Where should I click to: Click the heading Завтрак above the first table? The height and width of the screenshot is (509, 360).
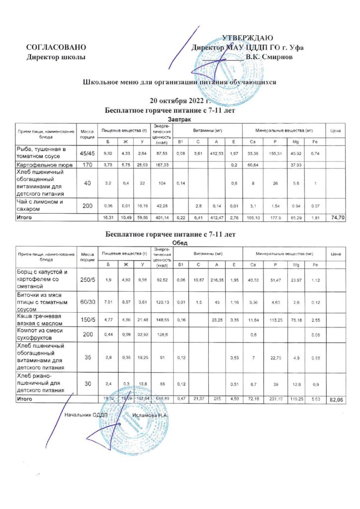180,119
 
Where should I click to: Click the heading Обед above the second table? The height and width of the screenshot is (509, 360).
180,243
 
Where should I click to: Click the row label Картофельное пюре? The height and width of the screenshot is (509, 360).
45,165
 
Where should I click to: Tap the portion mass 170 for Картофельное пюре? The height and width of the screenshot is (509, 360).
87,165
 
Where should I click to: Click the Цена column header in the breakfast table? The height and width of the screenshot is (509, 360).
335,130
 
